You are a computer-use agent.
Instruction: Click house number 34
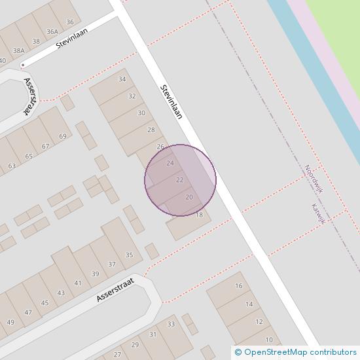(x=122, y=79)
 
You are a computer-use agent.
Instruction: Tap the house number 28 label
(x=151, y=130)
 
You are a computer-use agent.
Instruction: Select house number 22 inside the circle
(x=179, y=180)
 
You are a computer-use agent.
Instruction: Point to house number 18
(x=200, y=215)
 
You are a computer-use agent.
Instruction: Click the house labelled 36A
(x=52, y=31)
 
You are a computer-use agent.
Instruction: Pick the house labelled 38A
(x=18, y=50)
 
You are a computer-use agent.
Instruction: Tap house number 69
(x=63, y=136)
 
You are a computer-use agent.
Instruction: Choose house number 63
(x=12, y=166)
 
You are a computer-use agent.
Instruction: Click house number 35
(x=129, y=255)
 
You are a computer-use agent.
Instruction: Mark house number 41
(x=78, y=283)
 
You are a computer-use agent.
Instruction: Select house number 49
(x=10, y=322)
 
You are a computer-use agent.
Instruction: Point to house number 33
(x=171, y=324)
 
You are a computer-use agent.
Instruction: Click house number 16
(x=239, y=286)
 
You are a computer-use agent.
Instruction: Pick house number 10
(x=269, y=340)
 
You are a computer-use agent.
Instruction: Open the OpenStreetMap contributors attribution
(x=296, y=353)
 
